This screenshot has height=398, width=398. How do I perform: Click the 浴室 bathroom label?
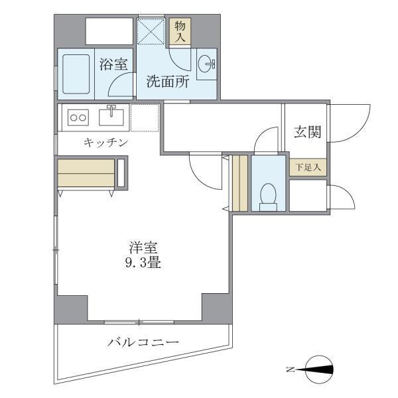113,64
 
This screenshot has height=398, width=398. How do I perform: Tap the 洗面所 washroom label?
168,82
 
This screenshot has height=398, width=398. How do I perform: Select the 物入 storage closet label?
180,31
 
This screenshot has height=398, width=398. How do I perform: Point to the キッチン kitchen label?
105,142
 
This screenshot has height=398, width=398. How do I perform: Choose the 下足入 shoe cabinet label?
308,167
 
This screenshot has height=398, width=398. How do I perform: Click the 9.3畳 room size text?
143,263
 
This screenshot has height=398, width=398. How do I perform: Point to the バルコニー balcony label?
143,342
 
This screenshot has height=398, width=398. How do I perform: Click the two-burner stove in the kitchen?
78,118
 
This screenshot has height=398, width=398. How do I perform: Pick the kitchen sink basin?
111,117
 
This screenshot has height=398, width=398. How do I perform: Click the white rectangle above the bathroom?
109,31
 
